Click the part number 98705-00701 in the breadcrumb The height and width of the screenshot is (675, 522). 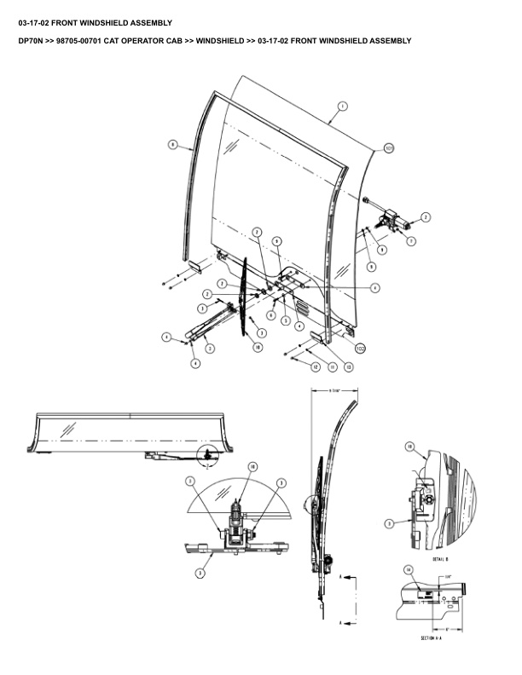[88, 41]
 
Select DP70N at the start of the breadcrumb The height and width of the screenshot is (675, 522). [32, 41]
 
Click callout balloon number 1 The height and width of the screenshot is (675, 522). [341, 107]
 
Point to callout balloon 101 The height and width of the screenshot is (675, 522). [388, 147]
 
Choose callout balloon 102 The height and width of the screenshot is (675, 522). [360, 348]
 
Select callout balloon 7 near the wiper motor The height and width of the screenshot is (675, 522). [411, 242]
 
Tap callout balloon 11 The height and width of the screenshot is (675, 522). [332, 366]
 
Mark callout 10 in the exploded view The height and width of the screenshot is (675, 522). [257, 348]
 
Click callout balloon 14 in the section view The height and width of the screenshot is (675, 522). [409, 569]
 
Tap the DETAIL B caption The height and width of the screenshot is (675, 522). [440, 558]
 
